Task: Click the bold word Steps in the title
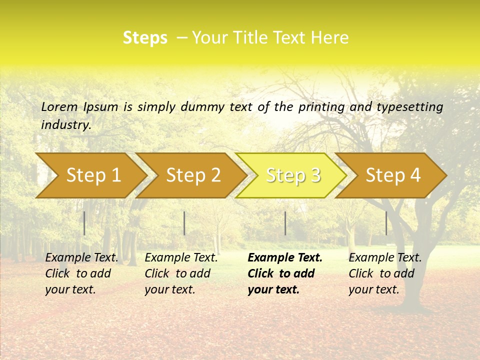[x=145, y=38]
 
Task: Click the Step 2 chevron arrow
[x=191, y=175]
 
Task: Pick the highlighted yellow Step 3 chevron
[x=291, y=175]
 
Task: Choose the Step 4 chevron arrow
[x=391, y=175]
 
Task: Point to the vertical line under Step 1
[x=84, y=223]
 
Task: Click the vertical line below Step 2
[x=184, y=223]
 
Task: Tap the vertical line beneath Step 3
[x=285, y=223]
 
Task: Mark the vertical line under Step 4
[x=386, y=223]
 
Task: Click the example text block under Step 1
[x=81, y=273]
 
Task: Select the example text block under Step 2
[x=181, y=273]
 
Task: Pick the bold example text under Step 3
[x=285, y=273]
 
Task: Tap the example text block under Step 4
[x=385, y=273]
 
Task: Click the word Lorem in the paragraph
[x=59, y=106]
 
